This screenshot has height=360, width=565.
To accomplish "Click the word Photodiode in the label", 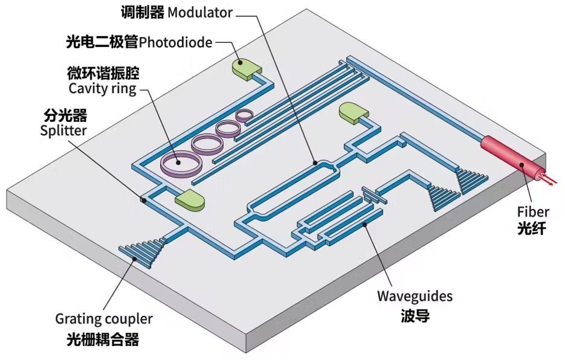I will tap(176, 42).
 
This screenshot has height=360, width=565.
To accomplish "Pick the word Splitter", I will tap(63, 129).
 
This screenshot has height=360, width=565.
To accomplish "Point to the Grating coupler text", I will tap(104, 318).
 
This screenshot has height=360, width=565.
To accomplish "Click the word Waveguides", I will tap(415, 296).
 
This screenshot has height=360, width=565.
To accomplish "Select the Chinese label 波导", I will tap(415, 315).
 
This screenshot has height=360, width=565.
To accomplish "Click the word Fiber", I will tap(533, 211).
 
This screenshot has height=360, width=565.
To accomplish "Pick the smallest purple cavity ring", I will tap(246, 114).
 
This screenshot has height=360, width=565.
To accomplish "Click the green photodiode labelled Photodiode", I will tap(246, 68).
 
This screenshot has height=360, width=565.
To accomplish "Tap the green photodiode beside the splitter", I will tap(190, 200).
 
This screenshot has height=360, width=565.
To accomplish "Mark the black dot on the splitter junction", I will tap(143, 199).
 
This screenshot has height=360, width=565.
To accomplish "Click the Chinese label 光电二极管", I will tap(102, 42).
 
